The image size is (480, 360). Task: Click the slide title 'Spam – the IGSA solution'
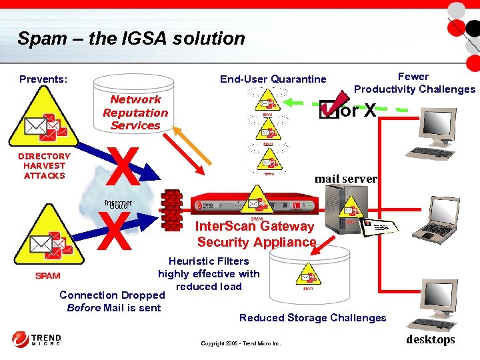coord(131,39)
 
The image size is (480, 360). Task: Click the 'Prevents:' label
coord(43,79)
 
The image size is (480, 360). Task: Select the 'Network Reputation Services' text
coord(135,113)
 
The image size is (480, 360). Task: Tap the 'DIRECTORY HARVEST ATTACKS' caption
coord(45,166)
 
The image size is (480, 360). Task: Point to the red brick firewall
coord(171,209)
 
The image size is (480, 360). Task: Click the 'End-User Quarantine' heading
coord(273,79)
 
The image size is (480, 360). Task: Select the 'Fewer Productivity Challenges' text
coord(414,83)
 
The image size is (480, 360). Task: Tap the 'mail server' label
coord(345,179)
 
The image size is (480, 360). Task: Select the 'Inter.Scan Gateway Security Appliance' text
coord(255,234)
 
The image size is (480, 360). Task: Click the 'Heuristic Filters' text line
coord(208,261)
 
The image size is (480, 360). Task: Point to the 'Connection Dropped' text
coord(112,295)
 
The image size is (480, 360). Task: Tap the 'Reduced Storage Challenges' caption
coord(313,318)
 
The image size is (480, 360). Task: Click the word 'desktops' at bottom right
coord(430,340)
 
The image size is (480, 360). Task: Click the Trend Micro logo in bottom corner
coord(37,339)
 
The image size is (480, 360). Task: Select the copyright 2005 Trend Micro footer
coord(241,343)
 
